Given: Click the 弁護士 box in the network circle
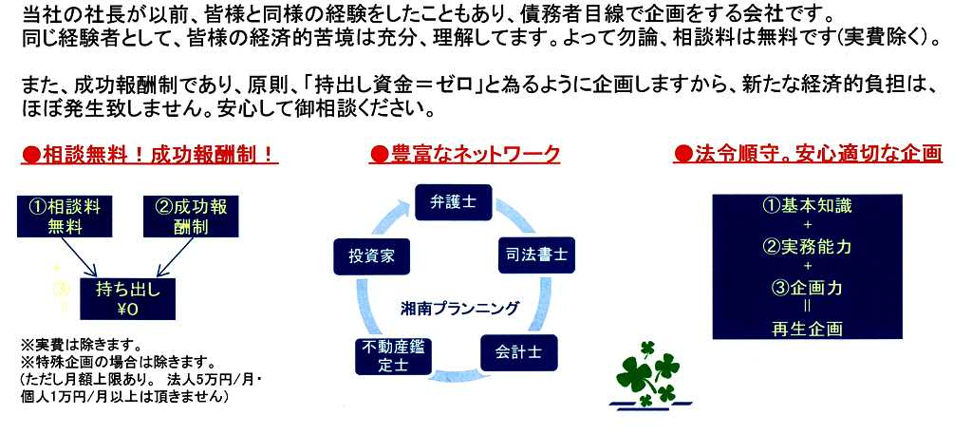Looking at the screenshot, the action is (x=453, y=202).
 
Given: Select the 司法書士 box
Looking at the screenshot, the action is (x=537, y=255).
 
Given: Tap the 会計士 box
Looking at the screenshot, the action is (x=519, y=352).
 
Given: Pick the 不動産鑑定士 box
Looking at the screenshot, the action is (x=394, y=357).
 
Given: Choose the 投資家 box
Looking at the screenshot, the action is (x=371, y=256).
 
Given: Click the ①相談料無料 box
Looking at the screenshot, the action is (x=65, y=217).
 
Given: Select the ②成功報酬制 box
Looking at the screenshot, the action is (x=191, y=217).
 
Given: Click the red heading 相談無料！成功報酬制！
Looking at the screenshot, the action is (x=149, y=155).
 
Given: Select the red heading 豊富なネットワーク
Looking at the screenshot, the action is (x=464, y=155).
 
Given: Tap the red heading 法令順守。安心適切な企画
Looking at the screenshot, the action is (x=808, y=155).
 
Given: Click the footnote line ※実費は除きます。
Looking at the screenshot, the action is (x=83, y=344).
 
